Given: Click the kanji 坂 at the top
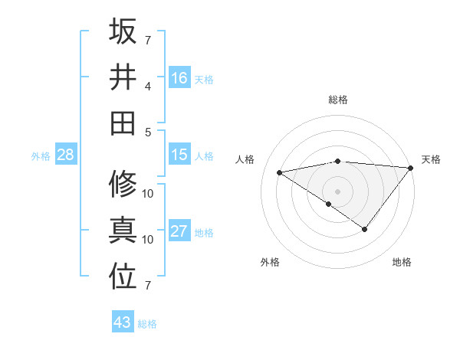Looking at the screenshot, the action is pyautogui.click(x=123, y=31).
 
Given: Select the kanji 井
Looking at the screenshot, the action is pyautogui.click(x=123, y=77).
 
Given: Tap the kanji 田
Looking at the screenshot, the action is pyautogui.click(x=123, y=123).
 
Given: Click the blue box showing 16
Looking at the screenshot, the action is pyautogui.click(x=179, y=77).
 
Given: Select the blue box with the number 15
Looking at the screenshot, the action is pyautogui.click(x=179, y=155).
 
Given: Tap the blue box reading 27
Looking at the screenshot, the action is pyautogui.click(x=179, y=231).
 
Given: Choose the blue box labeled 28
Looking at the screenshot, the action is pyautogui.click(x=66, y=155).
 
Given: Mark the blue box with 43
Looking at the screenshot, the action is pyautogui.click(x=123, y=322).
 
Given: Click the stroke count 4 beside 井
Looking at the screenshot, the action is pyautogui.click(x=148, y=86).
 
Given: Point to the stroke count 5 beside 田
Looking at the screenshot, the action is pyautogui.click(x=148, y=132).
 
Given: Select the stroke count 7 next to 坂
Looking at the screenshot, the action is pyautogui.click(x=148, y=40).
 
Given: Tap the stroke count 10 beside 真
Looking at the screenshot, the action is pyautogui.click(x=148, y=239).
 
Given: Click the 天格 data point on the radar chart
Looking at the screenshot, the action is pyautogui.click(x=411, y=167).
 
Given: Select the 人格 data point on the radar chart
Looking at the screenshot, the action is pyautogui.click(x=279, y=172).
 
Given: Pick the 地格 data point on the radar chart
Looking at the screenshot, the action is pyautogui.click(x=365, y=229).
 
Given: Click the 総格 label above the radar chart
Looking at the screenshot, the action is pyautogui.click(x=337, y=100).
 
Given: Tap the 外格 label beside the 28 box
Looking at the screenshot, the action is pyautogui.click(x=41, y=155).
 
